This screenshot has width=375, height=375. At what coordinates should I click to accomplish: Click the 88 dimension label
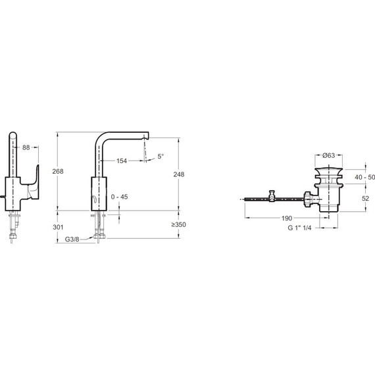point(26,148)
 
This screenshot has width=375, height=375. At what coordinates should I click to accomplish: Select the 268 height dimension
point(58,171)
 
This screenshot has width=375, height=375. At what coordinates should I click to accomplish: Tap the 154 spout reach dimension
point(122,161)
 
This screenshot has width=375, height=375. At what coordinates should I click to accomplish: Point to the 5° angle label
point(161,157)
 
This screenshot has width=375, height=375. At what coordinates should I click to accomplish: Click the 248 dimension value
point(179,174)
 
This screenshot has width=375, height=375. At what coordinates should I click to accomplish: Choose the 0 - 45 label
point(119,197)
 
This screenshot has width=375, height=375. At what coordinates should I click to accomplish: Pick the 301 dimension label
point(58,227)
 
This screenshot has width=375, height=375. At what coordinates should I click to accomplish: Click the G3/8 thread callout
point(72,239)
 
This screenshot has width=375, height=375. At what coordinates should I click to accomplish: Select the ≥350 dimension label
point(178,224)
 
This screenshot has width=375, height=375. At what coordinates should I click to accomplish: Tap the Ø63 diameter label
point(328,155)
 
